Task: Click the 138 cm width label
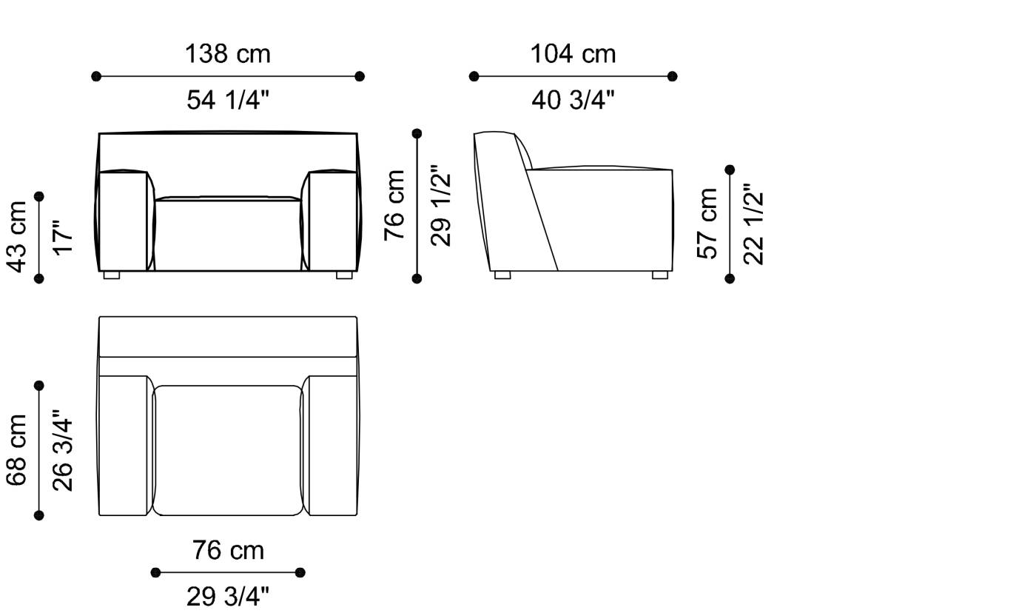[x=228, y=54]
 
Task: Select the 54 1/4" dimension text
[x=228, y=100]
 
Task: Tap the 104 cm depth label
[x=573, y=54]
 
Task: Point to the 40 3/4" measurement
[x=573, y=100]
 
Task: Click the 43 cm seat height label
[x=16, y=237]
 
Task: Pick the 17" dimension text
[x=63, y=238]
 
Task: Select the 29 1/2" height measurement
[x=441, y=206]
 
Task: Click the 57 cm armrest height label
[x=707, y=224]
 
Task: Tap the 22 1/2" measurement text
[x=753, y=224]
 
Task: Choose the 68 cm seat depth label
[x=16, y=450]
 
